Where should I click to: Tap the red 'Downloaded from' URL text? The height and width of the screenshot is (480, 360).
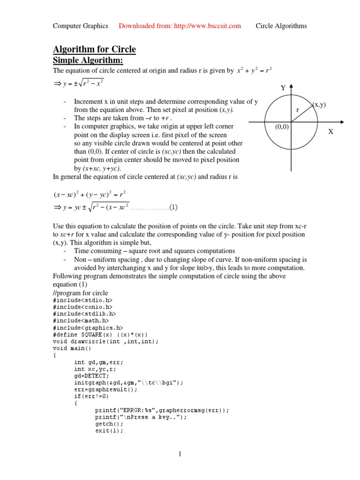[180, 26]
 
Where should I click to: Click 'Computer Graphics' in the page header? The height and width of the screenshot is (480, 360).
[80, 26]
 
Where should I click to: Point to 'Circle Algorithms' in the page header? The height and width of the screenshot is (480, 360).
[281, 26]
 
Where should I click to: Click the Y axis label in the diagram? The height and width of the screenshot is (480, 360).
[283, 88]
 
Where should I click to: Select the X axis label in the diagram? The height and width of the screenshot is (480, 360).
[330, 132]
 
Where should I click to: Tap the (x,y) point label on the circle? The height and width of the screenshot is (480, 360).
[319, 105]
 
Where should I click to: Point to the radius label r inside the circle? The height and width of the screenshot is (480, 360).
[297, 110]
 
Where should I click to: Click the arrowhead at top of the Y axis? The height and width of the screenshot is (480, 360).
[292, 86]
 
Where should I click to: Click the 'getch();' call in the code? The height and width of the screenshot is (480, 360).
[108, 424]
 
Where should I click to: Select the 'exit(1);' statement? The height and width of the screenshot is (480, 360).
[109, 431]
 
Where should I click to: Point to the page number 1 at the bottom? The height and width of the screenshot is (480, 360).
[180, 454]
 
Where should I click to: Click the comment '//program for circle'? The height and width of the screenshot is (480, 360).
[80, 293]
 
